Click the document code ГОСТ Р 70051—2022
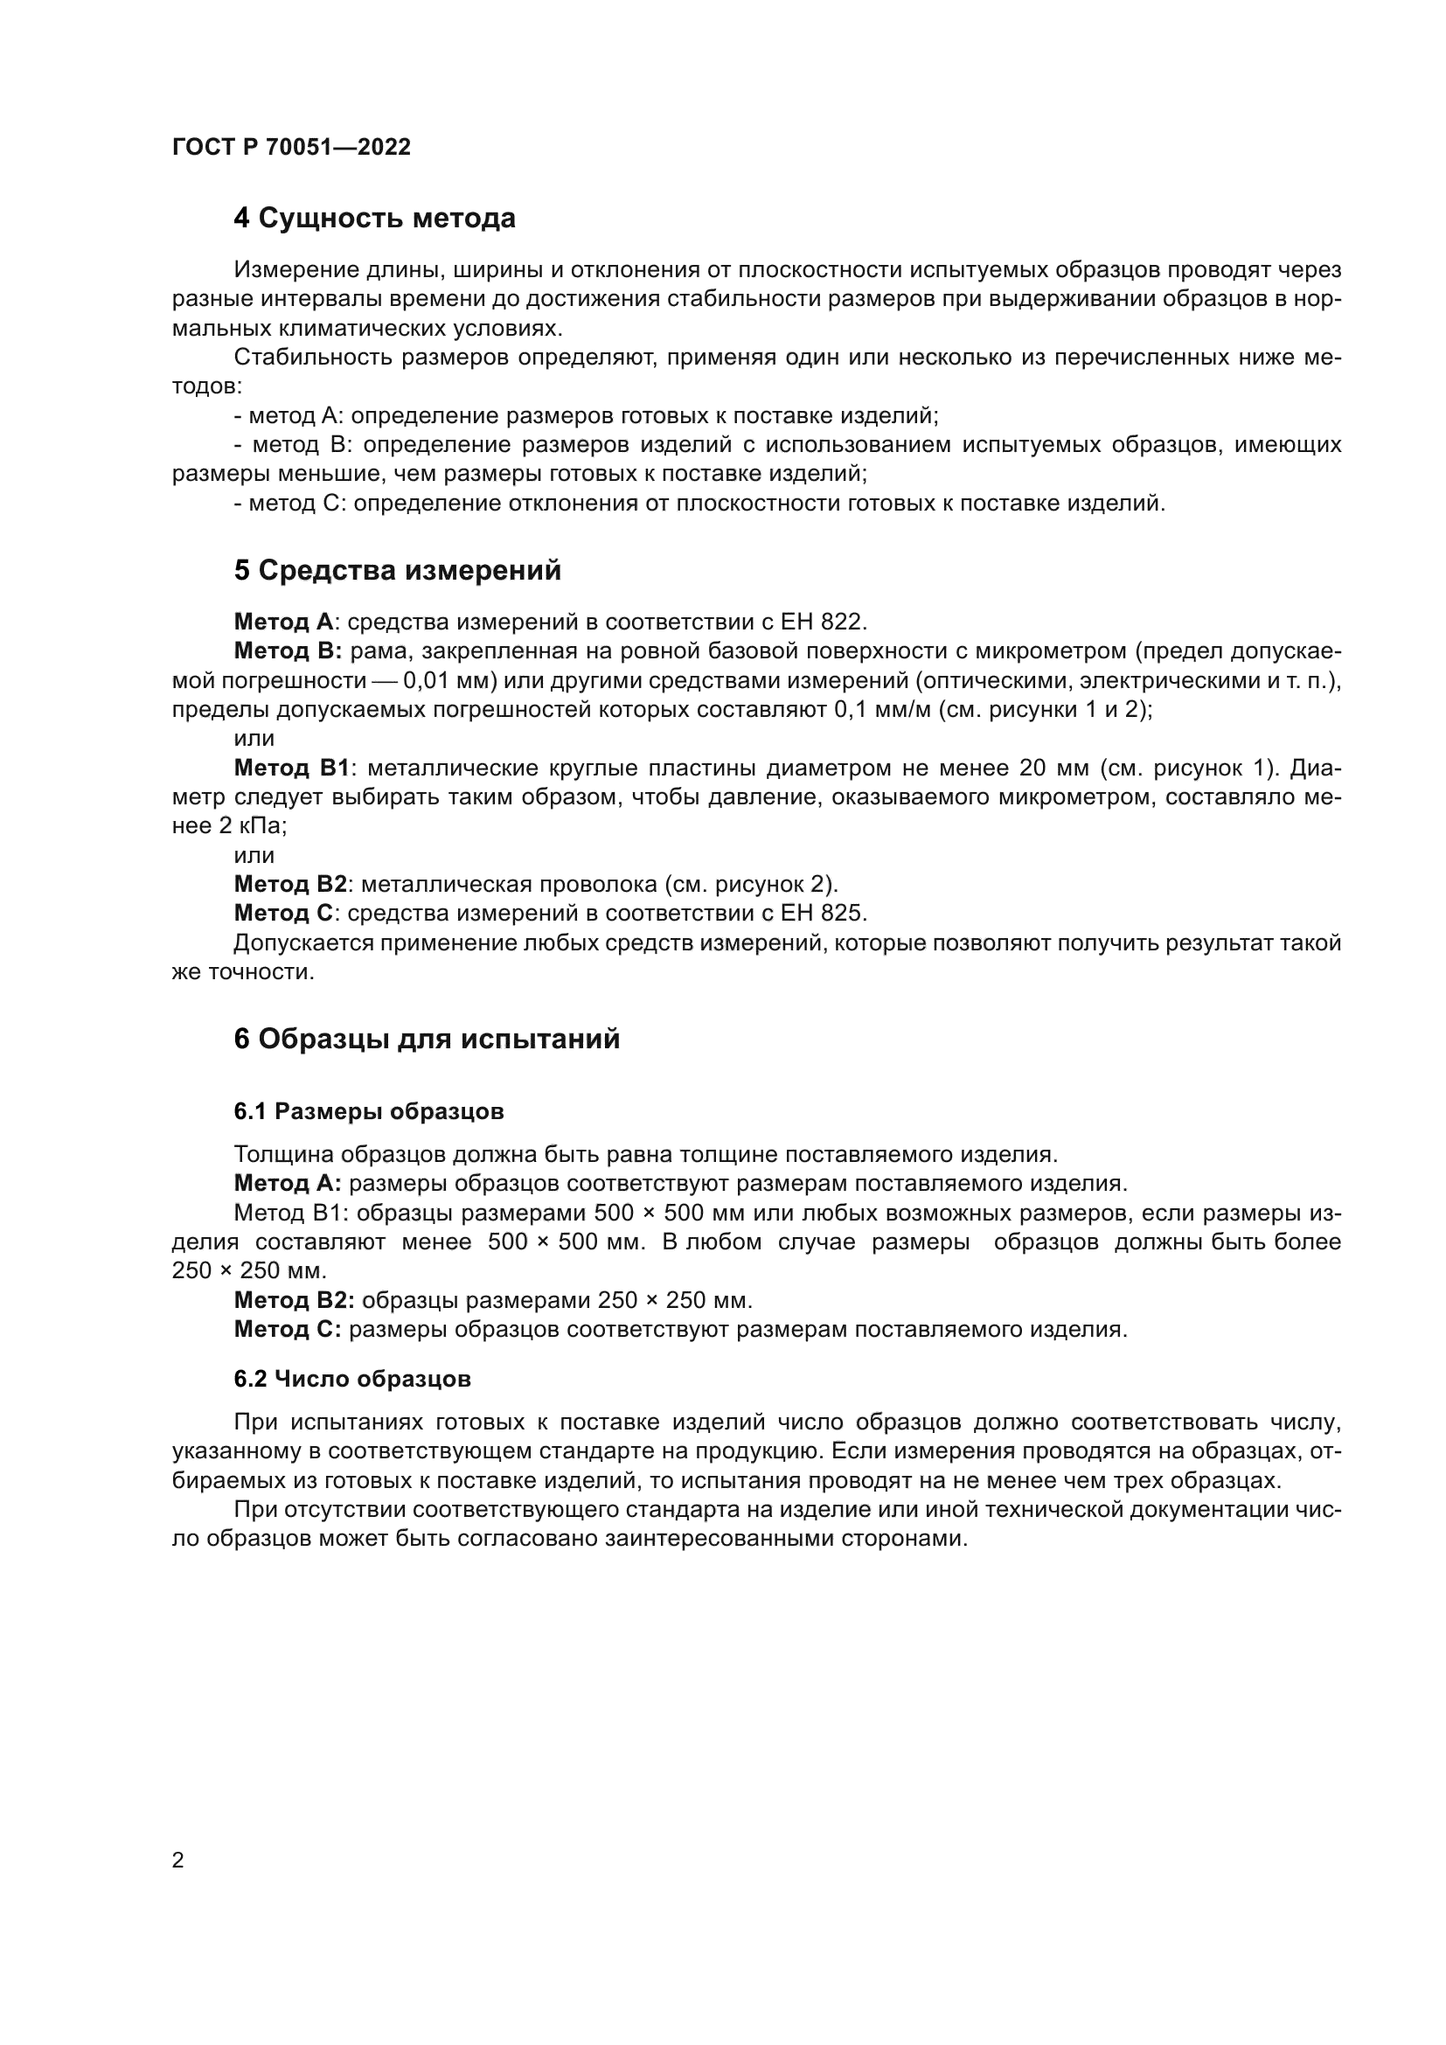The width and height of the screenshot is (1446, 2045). [x=291, y=148]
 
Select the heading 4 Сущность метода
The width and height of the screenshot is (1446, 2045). [x=374, y=219]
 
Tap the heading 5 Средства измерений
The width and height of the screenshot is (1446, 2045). [x=397, y=571]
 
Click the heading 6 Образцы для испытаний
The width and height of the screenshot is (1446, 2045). [x=427, y=1040]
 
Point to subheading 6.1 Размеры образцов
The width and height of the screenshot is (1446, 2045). [x=369, y=1111]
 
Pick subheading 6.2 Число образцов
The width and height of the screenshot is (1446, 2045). [x=351, y=1380]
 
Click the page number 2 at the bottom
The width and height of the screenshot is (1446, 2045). [x=178, y=1861]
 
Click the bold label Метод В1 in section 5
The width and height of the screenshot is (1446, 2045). [x=293, y=768]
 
